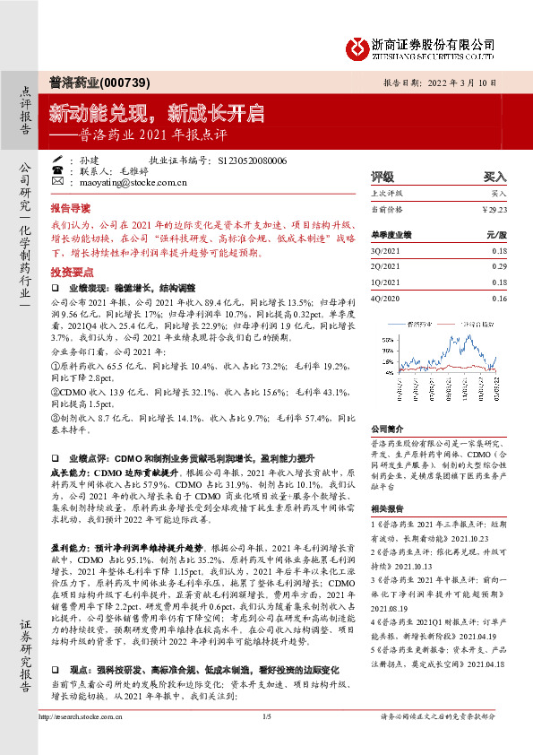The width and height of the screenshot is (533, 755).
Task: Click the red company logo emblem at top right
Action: coord(358,45)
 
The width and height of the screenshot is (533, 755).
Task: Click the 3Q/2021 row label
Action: coord(387,252)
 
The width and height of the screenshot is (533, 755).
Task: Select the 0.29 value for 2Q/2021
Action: coord(499,267)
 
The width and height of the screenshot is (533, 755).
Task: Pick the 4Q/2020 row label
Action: coord(387,299)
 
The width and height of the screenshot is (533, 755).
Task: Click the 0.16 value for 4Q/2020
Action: coord(499,299)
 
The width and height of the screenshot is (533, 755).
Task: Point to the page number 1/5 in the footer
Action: coord(266,741)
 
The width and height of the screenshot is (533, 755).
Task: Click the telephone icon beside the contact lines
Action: coord(57,169)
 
